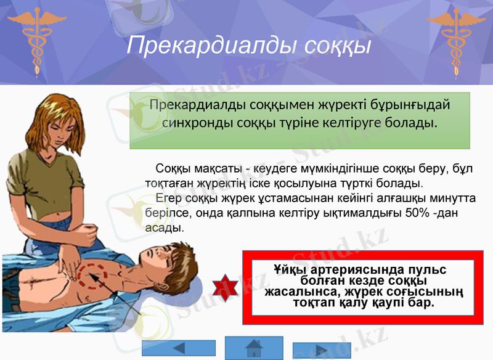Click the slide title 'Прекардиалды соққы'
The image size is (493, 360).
[x=248, y=46]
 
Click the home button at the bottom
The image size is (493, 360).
[x=253, y=348]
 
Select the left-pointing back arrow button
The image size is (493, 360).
[x=179, y=348]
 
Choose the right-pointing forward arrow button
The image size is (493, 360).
[x=321, y=350]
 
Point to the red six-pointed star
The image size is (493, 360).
[x=225, y=288]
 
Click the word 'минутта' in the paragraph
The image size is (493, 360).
[x=450, y=198]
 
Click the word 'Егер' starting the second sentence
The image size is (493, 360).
[x=168, y=198]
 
